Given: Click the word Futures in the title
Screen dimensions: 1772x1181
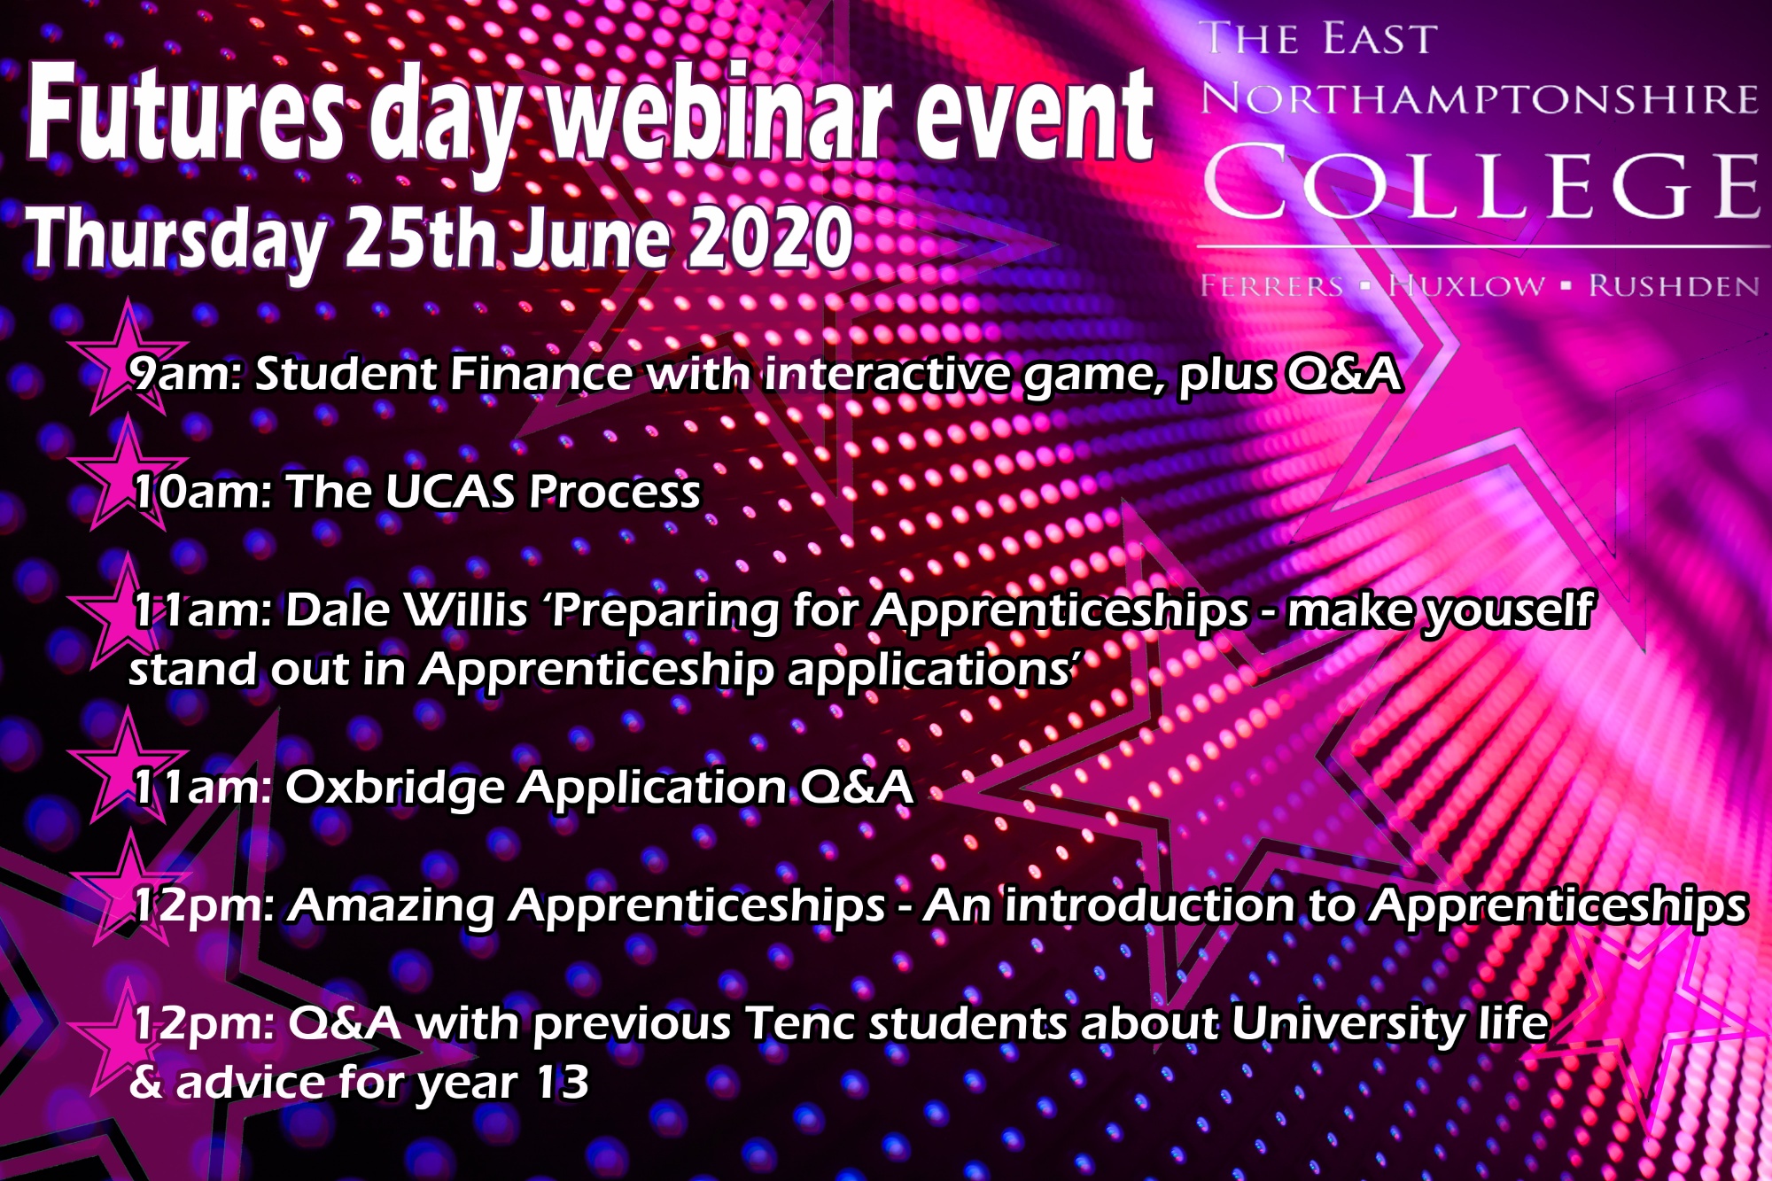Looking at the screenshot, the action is (185, 115).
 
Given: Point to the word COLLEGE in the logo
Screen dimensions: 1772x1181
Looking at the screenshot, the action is (1482, 184).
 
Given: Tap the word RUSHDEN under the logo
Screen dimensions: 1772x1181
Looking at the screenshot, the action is (1674, 286).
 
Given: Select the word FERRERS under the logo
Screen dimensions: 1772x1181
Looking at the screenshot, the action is (1272, 286).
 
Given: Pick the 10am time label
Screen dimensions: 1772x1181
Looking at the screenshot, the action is (202, 492).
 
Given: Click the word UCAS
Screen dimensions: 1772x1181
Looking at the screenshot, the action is (451, 492).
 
